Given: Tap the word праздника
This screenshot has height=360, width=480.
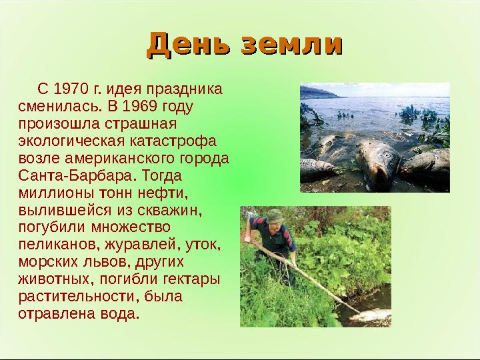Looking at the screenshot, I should coord(190,89).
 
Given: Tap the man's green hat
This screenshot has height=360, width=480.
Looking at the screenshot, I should coord(275,215).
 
